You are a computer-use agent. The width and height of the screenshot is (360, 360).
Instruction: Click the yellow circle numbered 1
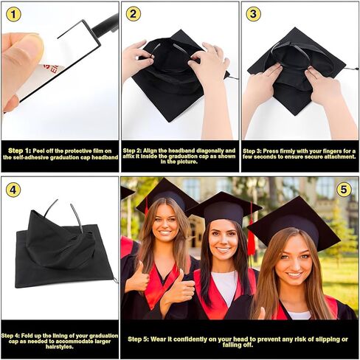[13, 14]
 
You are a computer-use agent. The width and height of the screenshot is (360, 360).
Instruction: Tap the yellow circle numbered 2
[133, 14]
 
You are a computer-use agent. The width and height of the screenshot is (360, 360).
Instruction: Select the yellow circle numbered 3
[253, 14]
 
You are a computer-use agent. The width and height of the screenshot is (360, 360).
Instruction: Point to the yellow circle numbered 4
[13, 190]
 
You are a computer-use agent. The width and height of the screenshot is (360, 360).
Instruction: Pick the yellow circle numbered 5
[344, 190]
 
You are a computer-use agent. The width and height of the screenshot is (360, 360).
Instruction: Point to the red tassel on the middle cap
[252, 240]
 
